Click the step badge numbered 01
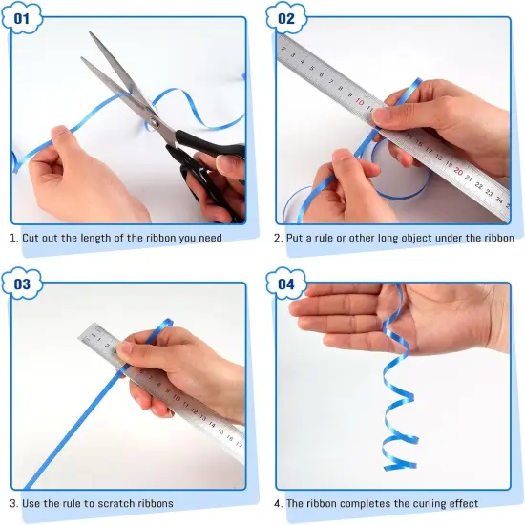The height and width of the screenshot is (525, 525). click(x=22, y=18)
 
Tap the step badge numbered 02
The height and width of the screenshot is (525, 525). click(x=286, y=18)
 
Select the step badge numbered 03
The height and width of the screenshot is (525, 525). click(x=22, y=283)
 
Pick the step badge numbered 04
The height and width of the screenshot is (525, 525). click(x=286, y=283)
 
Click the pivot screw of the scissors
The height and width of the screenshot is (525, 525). click(x=155, y=122)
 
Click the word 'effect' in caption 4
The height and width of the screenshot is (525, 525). click(x=464, y=503)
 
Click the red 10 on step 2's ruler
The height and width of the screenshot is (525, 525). click(x=360, y=101)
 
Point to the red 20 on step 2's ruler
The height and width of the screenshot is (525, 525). click(x=458, y=172)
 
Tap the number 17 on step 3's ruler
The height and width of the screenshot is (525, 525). click(x=239, y=445)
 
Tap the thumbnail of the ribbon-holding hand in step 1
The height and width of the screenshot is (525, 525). click(x=60, y=130)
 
